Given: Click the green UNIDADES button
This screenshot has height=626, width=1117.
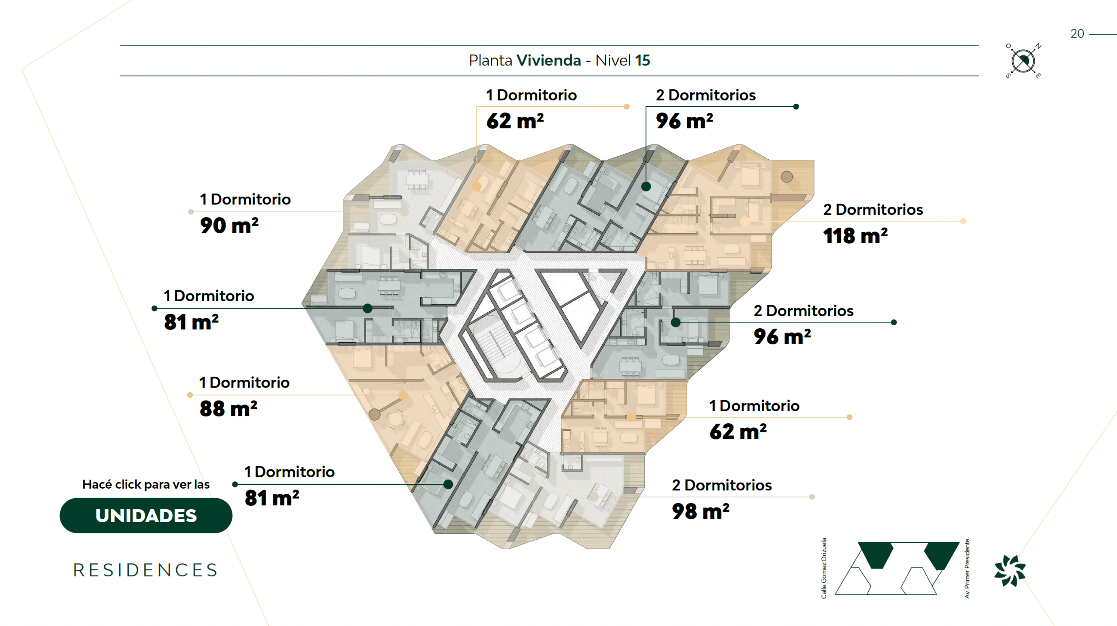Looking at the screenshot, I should coord(146,515).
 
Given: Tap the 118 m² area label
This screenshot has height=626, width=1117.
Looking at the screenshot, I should coord(855,236).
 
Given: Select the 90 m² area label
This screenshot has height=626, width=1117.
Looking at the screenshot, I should coord(229,225).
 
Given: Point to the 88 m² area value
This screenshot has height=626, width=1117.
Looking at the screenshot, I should coord(228,409).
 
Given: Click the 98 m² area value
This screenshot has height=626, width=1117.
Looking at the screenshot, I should coord(700,511).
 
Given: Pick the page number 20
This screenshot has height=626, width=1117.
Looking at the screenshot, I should coord(1077,34).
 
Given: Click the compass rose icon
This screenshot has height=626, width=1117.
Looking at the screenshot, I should coord(1023,61).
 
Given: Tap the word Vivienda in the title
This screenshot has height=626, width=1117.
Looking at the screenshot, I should coord(548,60).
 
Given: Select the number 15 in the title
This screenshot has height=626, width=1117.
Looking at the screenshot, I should coord(642,60).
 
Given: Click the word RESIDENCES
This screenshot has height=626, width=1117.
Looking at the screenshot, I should coord(146,570).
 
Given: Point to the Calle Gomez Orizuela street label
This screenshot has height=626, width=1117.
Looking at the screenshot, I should coord(824,568).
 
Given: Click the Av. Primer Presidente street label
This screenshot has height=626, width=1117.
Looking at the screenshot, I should coord(967,568).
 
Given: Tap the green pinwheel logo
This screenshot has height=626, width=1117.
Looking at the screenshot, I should coord(1010,571).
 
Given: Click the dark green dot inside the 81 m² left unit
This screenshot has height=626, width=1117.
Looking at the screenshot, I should coord(367,308).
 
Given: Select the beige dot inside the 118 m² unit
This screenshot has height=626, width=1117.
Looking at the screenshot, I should coord(745,221).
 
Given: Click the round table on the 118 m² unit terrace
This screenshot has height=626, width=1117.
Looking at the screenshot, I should coord(787,177).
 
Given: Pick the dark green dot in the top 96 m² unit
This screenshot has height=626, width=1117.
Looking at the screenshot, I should coord(646,187).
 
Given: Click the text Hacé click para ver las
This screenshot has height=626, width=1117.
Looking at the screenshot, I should coord(146,484).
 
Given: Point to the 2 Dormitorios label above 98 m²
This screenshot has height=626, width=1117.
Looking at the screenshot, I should coord(722,485).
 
